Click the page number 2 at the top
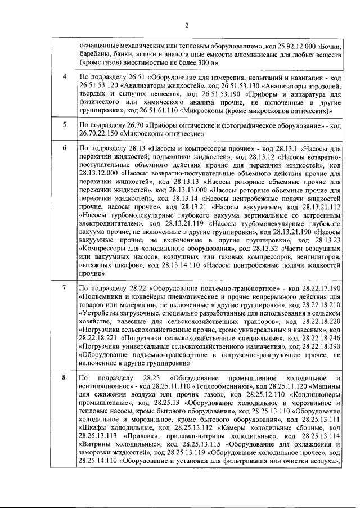pyautogui.click(x=187, y=25)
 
